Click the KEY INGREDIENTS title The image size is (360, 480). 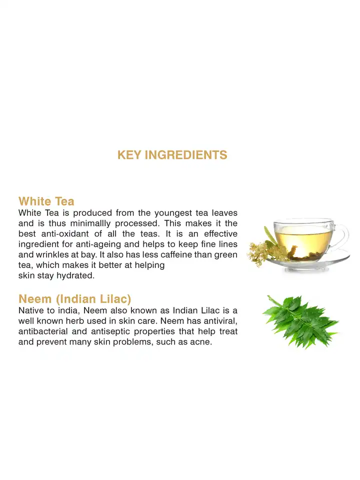point(172,155)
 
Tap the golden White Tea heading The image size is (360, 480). point(46,201)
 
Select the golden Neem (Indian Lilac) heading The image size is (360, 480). point(74,299)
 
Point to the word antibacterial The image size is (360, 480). point(44,332)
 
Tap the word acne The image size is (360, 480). point(201,342)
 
